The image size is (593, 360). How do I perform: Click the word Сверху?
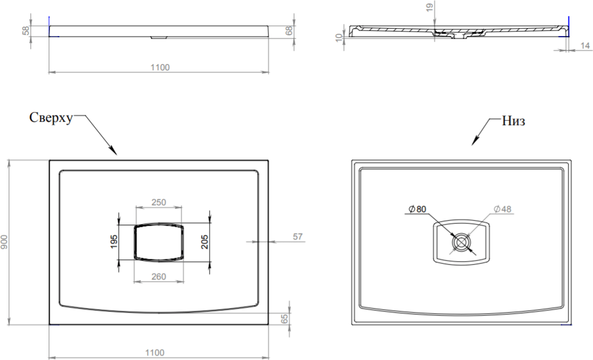[x=51, y=118]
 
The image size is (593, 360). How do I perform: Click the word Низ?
[x=513, y=121]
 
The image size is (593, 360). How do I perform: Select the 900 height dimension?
[x=4, y=242]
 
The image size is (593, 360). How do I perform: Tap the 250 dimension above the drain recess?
[x=159, y=202]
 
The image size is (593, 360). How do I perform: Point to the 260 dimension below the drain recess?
[x=159, y=277]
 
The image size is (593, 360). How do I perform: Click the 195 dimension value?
[x=114, y=242]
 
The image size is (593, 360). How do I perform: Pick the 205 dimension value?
[x=205, y=242]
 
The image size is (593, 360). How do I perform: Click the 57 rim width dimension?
[x=298, y=237]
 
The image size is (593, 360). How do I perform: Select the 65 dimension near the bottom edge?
[x=285, y=319]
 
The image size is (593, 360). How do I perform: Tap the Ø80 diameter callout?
[x=417, y=209]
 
